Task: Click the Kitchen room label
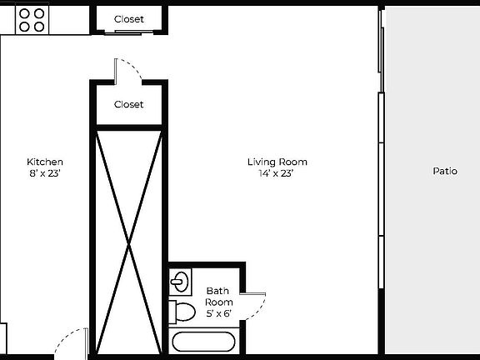point(45,162)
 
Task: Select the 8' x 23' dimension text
point(45,173)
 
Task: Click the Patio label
point(445,172)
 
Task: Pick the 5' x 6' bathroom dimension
point(218,313)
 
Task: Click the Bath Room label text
point(218,296)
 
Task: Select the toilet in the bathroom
point(184,312)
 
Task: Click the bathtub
point(204,342)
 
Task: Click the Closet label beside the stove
point(128,19)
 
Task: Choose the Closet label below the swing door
point(128,105)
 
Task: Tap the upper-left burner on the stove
point(24,13)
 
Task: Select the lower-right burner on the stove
point(38,27)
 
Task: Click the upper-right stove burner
point(38,13)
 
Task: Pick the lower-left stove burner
point(24,27)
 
